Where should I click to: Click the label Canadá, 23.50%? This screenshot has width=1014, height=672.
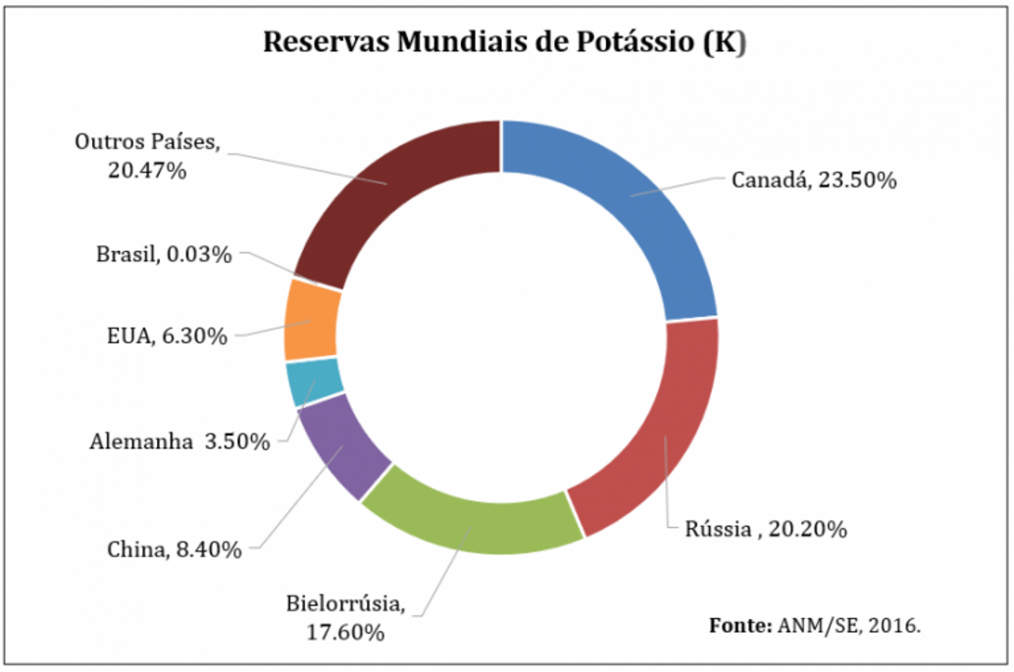pyautogui.click(x=814, y=181)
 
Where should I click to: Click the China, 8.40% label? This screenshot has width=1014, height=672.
pyautogui.click(x=175, y=549)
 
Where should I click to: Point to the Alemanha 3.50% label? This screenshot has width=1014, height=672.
pyautogui.click(x=179, y=442)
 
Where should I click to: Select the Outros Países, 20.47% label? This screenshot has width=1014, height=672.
pyautogui.click(x=147, y=155)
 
